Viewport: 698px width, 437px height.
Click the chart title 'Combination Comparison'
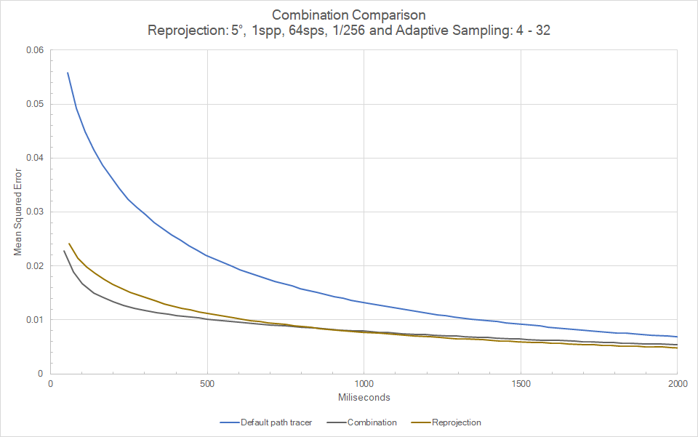pos(348,15)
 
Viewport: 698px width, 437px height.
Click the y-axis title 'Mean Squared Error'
pos(18,212)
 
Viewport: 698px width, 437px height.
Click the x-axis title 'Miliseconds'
pos(363,398)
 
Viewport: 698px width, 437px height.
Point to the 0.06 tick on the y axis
pos(34,50)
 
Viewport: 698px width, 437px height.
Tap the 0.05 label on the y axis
pos(34,104)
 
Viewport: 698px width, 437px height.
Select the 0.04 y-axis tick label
pos(34,158)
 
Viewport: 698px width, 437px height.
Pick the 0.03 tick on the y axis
pos(34,212)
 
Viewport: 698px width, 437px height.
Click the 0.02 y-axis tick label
pos(34,266)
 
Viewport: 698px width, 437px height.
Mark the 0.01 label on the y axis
pos(34,320)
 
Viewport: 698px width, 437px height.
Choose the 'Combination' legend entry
pos(372,422)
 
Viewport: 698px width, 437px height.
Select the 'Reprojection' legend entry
pos(456,422)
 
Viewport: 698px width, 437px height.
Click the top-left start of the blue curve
pos(68,73)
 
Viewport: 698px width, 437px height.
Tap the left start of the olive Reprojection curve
pos(69,244)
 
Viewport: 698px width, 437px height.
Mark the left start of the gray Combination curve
pos(64,251)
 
